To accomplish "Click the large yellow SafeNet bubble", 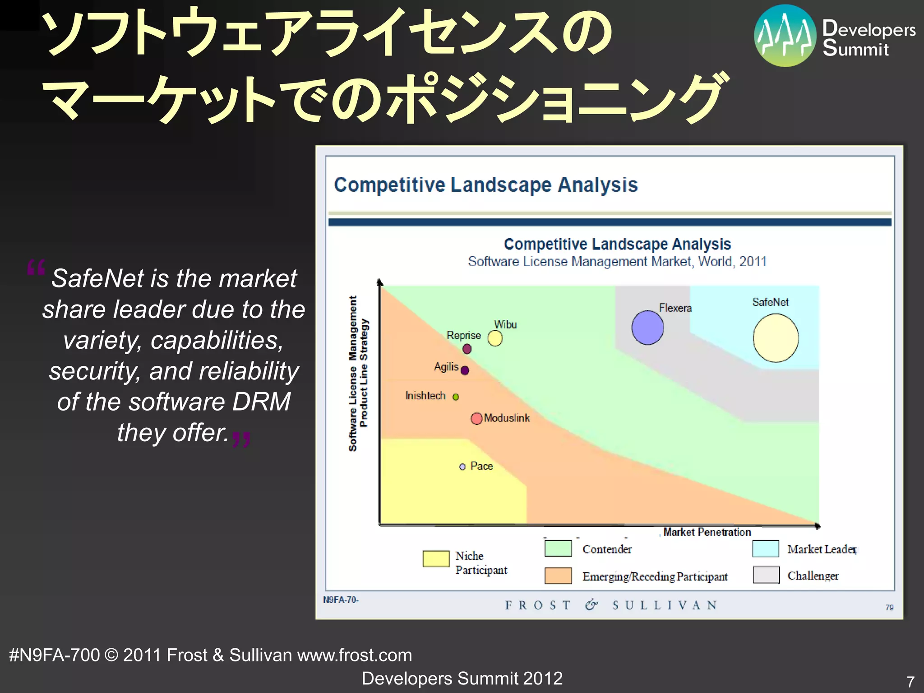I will pyautogui.click(x=776, y=338).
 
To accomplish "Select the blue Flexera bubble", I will pyautogui.click(x=647, y=328).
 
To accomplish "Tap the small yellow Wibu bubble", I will pyautogui.click(x=495, y=338).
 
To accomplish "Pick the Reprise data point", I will pyautogui.click(x=467, y=349).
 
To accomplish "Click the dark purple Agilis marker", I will pyautogui.click(x=465, y=370).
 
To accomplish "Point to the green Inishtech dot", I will pyautogui.click(x=456, y=397).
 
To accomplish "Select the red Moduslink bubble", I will pyautogui.click(x=476, y=419).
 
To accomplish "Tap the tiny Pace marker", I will pyautogui.click(x=462, y=467).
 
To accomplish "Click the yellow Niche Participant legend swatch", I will pyautogui.click(x=436, y=558).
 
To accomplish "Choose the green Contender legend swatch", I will pyautogui.click(x=558, y=548).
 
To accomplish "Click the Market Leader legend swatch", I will pyautogui.click(x=766, y=549).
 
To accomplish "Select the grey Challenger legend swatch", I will pyautogui.click(x=766, y=575).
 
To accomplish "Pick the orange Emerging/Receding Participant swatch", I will pyautogui.click(x=558, y=576).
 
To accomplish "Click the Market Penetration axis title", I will pyautogui.click(x=707, y=532).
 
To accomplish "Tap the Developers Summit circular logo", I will pyautogui.click(x=785, y=36).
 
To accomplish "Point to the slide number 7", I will pyautogui.click(x=910, y=681).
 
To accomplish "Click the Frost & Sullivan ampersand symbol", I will pyautogui.click(x=591, y=605).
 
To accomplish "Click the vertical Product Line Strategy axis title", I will pyautogui.click(x=364, y=373).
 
